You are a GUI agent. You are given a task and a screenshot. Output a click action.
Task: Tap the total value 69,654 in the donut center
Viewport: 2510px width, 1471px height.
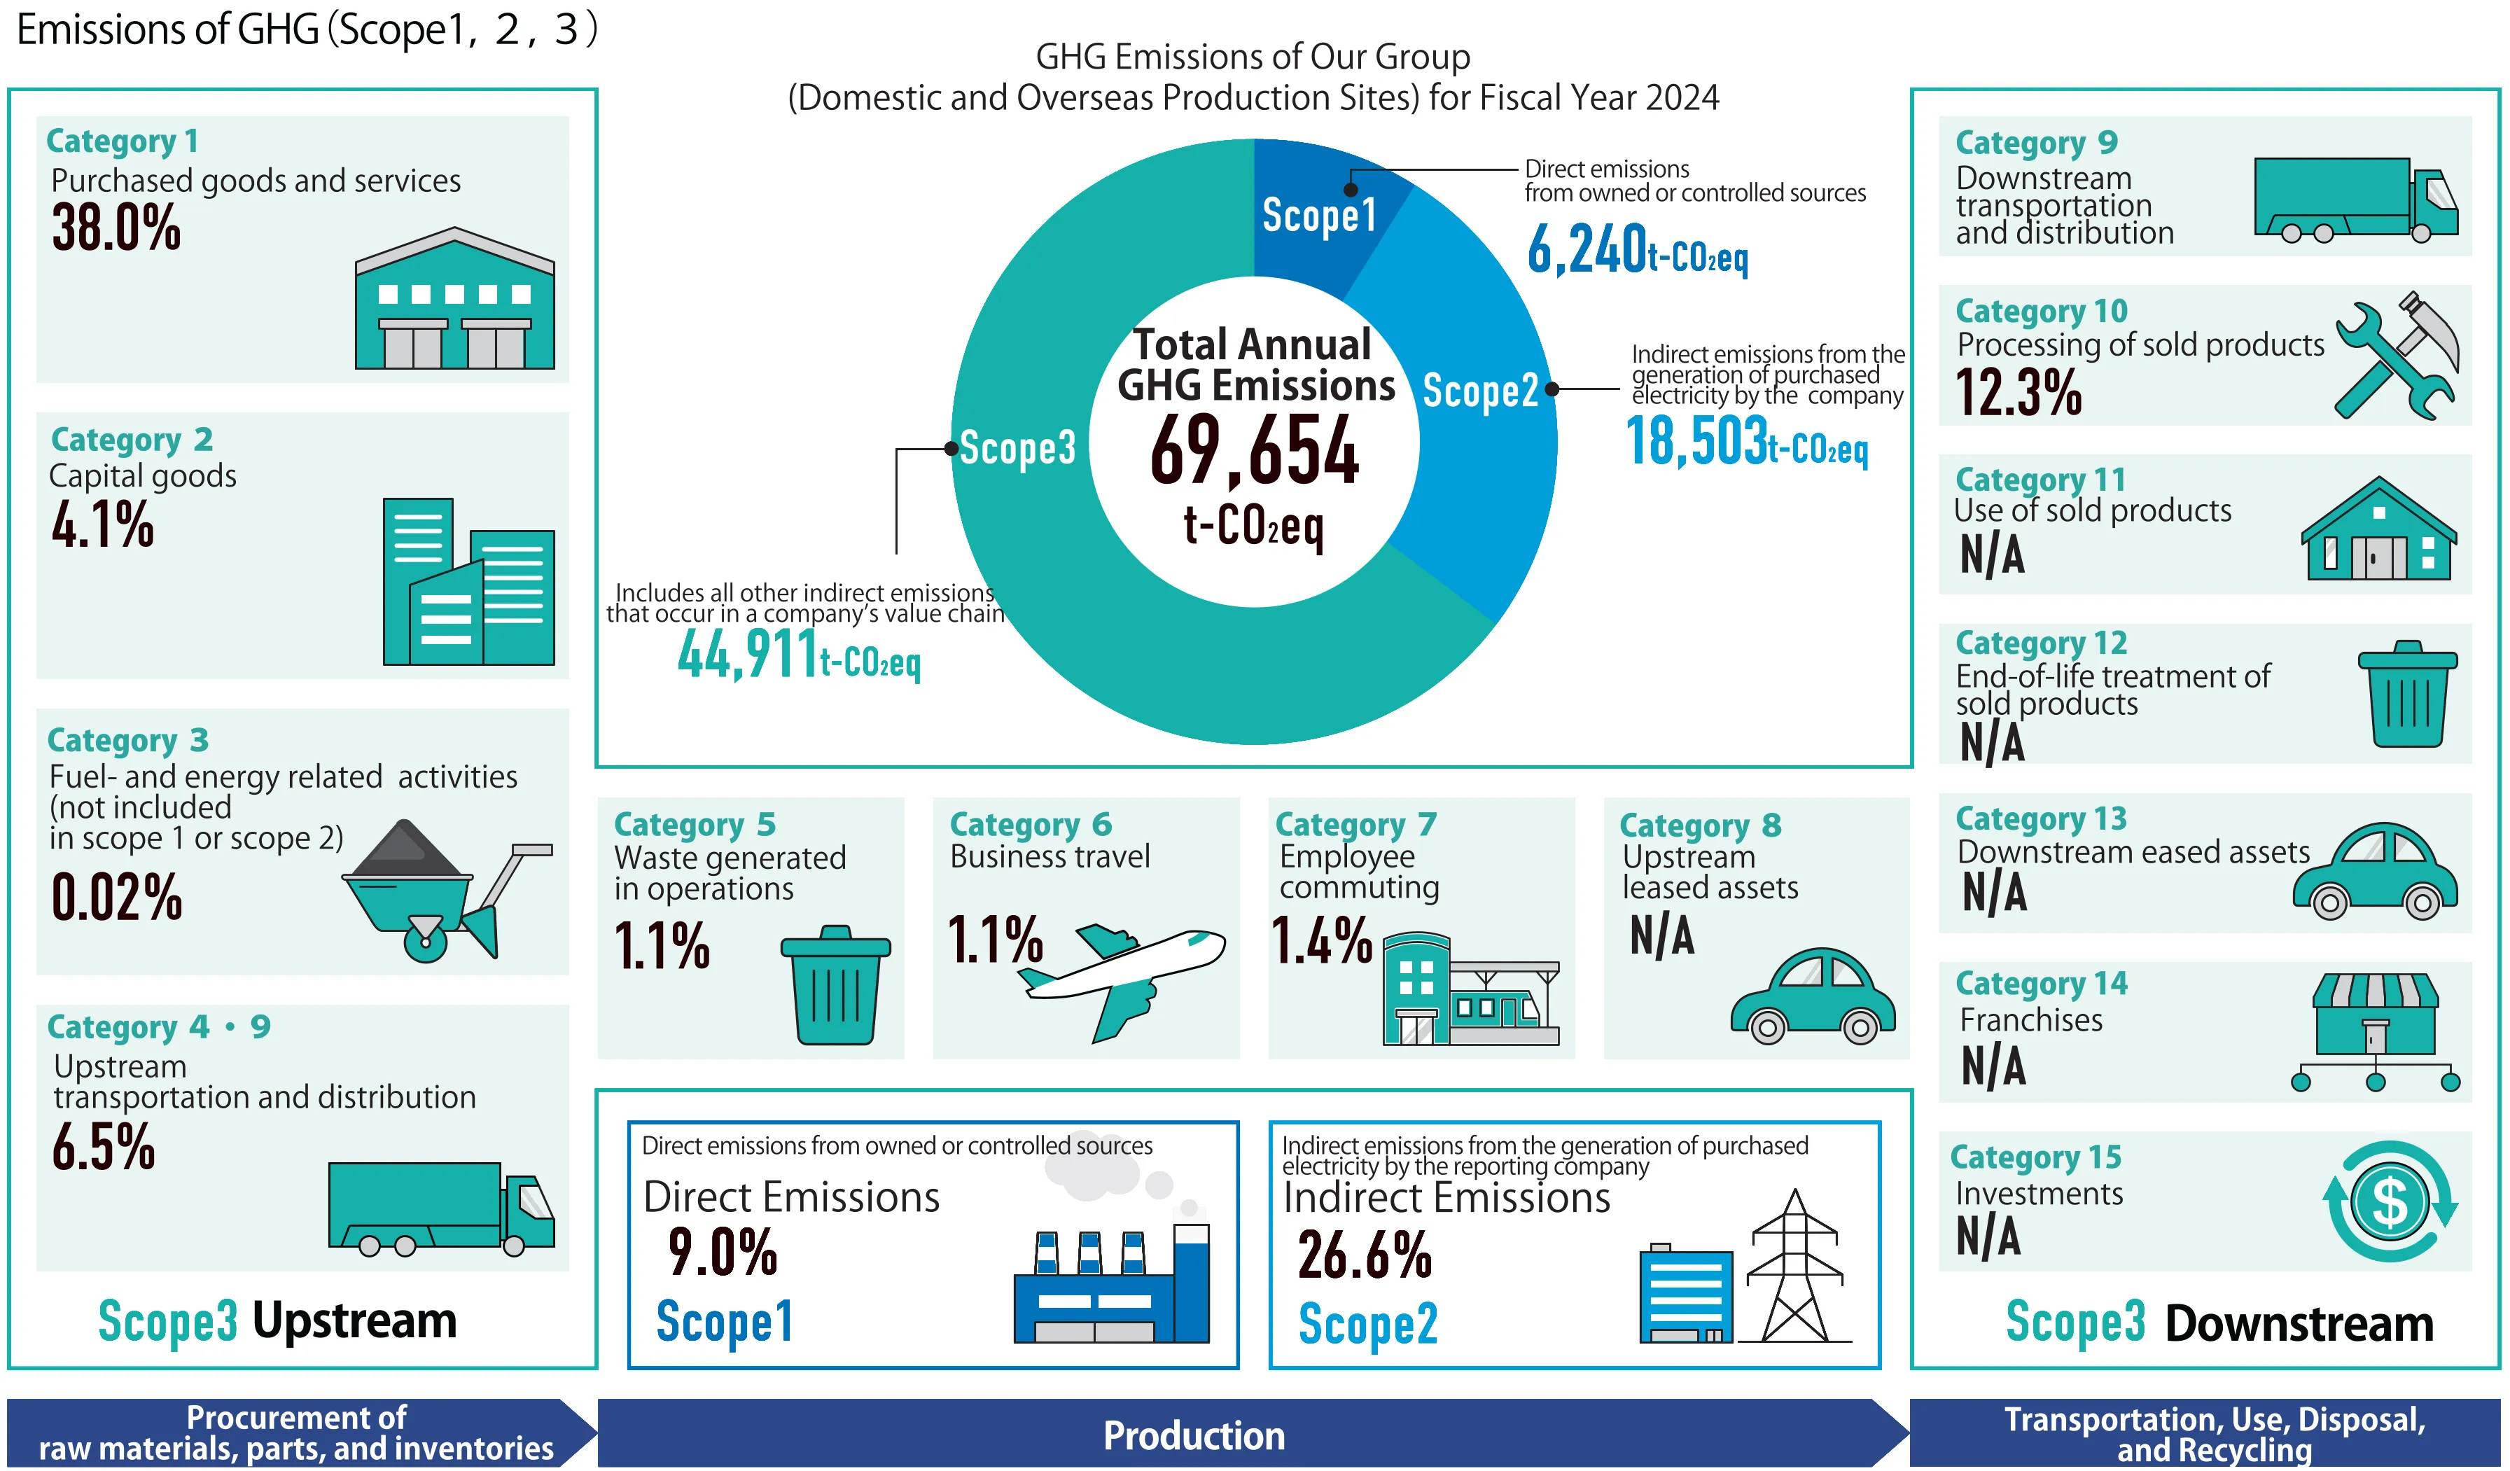(x=1254, y=451)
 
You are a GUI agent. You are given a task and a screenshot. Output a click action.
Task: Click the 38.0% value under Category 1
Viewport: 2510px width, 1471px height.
(x=116, y=228)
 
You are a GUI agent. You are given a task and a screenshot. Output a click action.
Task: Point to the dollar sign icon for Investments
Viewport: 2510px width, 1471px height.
(x=2390, y=1201)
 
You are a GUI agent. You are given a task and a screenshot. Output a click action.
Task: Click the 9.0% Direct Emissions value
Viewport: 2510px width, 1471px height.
(x=722, y=1252)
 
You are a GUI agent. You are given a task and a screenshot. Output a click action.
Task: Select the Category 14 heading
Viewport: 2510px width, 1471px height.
(x=2040, y=984)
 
